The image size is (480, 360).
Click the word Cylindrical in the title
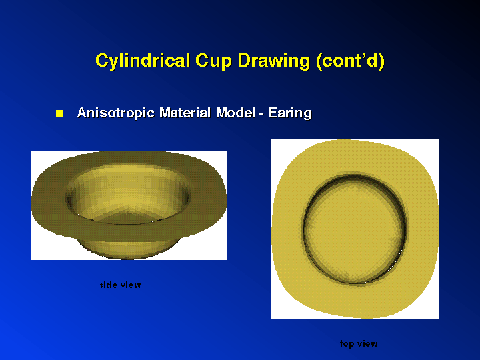click(143, 61)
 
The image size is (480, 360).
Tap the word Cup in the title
click(213, 61)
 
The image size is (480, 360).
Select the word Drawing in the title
click(274, 61)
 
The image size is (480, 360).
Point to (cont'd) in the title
click(350, 61)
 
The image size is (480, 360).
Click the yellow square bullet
click(60, 113)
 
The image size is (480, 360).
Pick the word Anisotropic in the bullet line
click(116, 113)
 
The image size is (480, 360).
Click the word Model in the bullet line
click(235, 113)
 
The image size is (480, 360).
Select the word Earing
click(290, 113)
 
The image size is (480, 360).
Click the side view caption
click(120, 285)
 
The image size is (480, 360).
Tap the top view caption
click(359, 344)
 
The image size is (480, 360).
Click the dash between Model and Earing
click(261, 114)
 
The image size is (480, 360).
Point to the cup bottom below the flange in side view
click(128, 248)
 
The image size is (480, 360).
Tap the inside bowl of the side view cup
click(128, 193)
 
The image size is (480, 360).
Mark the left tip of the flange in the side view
click(31, 203)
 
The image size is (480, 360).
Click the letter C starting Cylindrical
click(102, 60)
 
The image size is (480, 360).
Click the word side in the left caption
click(109, 285)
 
